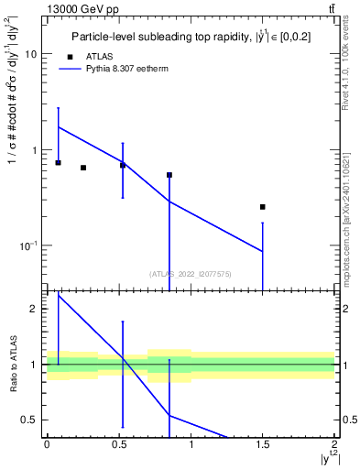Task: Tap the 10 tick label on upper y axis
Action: (29, 54)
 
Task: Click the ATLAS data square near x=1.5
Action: (263, 207)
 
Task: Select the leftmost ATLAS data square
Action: (59, 162)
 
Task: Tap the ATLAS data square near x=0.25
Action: (83, 168)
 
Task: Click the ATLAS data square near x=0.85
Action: (169, 175)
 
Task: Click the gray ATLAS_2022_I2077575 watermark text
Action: (191, 273)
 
